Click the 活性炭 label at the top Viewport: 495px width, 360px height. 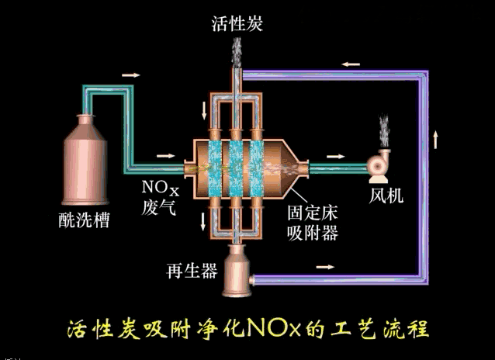(237, 24)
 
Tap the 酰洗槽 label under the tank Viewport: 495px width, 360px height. (84, 220)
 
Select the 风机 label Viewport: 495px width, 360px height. (386, 194)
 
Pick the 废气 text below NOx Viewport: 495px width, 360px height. (160, 206)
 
